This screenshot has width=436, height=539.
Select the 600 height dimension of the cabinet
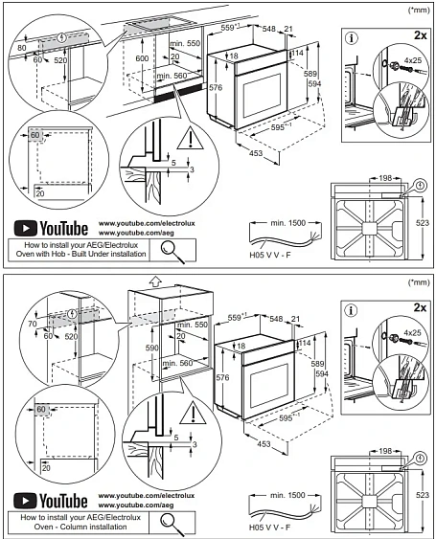(142, 58)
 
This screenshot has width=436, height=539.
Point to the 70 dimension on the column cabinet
(33, 325)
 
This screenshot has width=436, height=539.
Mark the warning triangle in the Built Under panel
(195, 138)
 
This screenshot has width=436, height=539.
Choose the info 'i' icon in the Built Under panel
(351, 38)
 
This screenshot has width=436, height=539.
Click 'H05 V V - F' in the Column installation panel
(270, 527)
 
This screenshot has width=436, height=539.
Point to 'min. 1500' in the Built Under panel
(285, 222)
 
